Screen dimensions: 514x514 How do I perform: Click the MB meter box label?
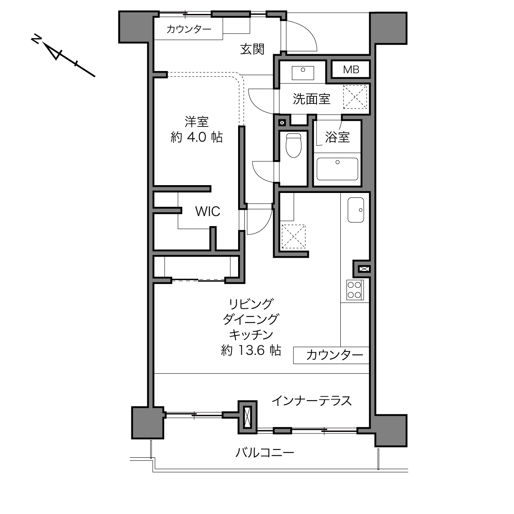tap(351, 70)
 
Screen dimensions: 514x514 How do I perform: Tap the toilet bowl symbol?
tap(294, 145)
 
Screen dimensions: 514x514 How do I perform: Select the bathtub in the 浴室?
tap(337, 169)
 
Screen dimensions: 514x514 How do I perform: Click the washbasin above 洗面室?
tap(303, 73)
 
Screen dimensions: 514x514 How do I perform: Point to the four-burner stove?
tap(354, 290)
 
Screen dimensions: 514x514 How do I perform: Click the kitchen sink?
tap(356, 210)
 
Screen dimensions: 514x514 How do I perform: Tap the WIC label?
tap(207, 211)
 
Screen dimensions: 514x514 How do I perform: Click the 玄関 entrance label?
tap(252, 49)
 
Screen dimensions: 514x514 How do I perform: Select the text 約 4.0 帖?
tap(196, 137)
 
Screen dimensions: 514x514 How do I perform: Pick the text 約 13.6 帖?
tap(251, 350)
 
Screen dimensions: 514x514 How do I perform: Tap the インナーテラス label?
tap(312, 408)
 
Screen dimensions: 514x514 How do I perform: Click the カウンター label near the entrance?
tap(188, 29)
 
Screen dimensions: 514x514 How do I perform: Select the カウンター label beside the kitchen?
tap(335, 355)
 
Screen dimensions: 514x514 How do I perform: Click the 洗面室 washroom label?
tap(312, 99)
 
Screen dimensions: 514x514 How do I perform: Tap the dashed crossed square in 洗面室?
tap(355, 97)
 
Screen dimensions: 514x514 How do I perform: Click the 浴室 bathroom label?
tap(337, 137)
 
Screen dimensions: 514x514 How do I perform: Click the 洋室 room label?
tap(197, 122)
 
